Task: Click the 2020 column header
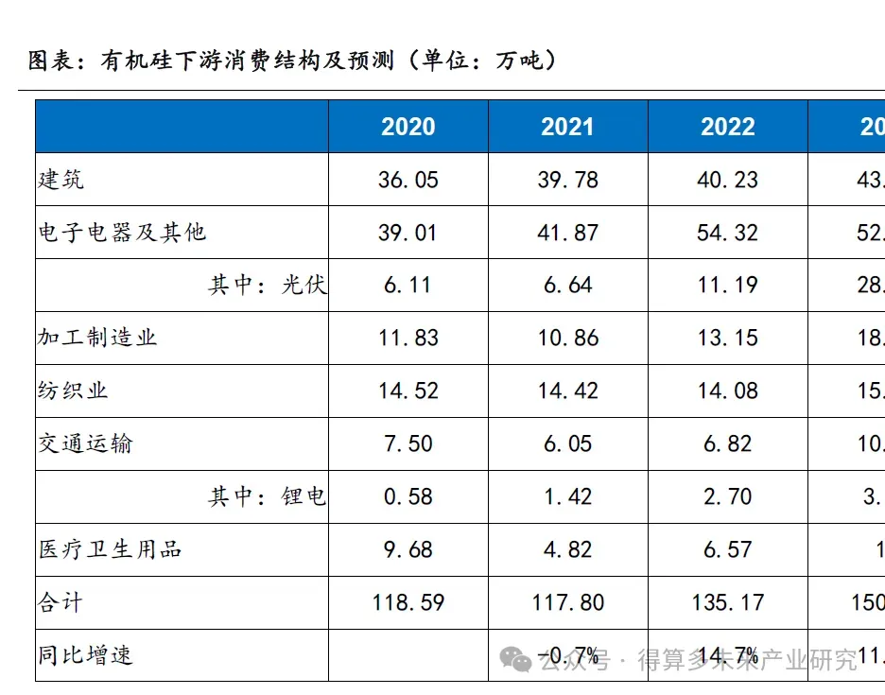click(408, 127)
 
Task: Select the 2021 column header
click(567, 127)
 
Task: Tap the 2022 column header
click(727, 127)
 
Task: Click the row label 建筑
click(61, 179)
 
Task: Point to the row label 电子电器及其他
click(122, 232)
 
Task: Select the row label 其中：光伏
click(268, 285)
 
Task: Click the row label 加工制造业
click(97, 338)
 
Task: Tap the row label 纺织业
click(74, 391)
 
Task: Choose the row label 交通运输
click(85, 443)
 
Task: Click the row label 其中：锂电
click(268, 496)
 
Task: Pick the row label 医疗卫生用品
click(110, 549)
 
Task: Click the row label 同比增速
click(85, 655)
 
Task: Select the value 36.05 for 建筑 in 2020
click(408, 180)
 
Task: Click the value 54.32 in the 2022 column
click(727, 233)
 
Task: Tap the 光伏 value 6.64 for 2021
click(567, 286)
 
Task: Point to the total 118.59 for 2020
click(408, 602)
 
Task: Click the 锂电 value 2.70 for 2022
click(727, 496)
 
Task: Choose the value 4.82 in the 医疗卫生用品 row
click(567, 549)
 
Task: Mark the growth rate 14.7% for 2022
click(727, 655)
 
